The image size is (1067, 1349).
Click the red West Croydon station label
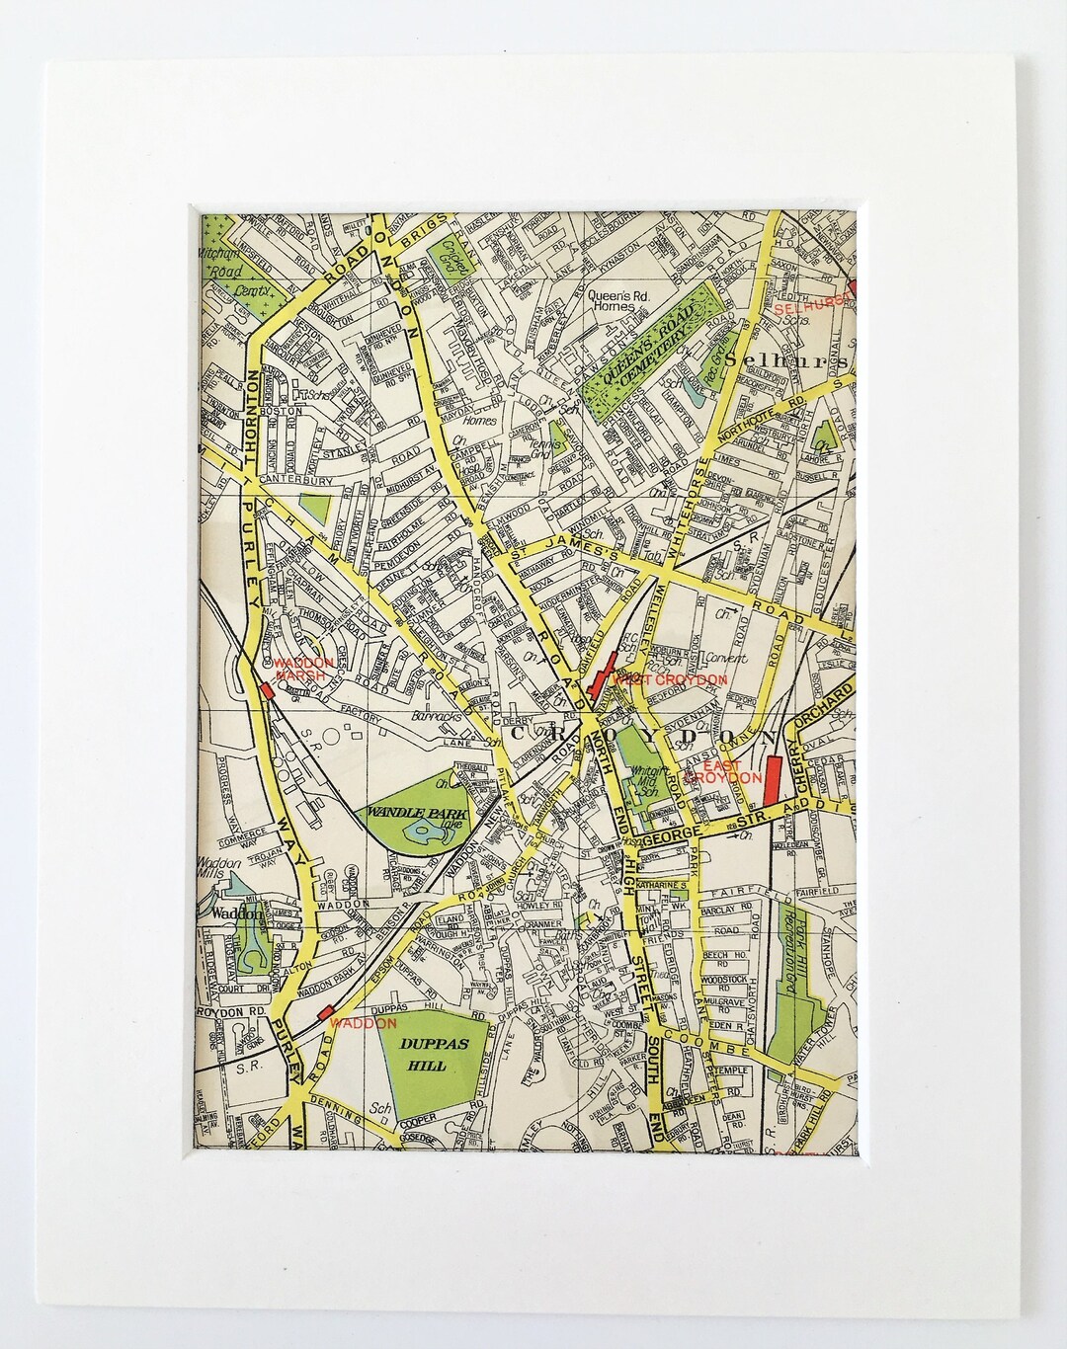670,679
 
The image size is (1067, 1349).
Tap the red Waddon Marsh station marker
267,691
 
